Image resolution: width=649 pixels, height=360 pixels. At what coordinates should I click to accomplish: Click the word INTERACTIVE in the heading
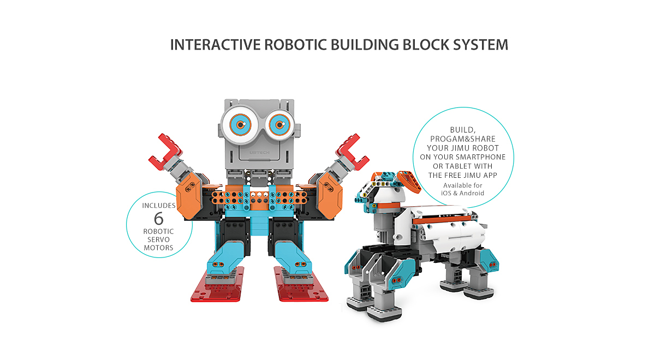coord(215,45)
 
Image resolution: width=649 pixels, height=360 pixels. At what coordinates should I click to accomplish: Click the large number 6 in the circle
coord(158,219)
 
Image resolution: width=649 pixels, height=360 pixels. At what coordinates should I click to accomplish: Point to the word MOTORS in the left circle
coord(158,248)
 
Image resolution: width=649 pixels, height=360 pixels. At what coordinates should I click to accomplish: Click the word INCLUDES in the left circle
coord(159,206)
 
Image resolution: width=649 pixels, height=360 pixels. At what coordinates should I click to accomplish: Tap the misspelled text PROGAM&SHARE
coord(463,139)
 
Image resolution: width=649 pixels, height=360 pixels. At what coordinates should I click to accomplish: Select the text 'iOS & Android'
coord(462,193)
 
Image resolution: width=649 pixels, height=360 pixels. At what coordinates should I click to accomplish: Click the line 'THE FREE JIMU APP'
coord(463,176)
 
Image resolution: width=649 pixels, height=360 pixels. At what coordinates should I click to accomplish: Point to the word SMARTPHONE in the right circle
coord(480,157)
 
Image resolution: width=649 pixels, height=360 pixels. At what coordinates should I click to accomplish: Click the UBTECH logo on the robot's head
coord(259,153)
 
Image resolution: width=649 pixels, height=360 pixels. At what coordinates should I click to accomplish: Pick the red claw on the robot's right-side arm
coord(352,153)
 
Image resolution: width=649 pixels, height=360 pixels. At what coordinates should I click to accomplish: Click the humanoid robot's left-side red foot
coord(218,285)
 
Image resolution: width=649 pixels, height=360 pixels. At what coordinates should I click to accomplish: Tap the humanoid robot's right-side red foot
coord(300,285)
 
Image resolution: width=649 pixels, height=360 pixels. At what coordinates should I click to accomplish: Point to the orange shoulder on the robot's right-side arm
coord(330,196)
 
